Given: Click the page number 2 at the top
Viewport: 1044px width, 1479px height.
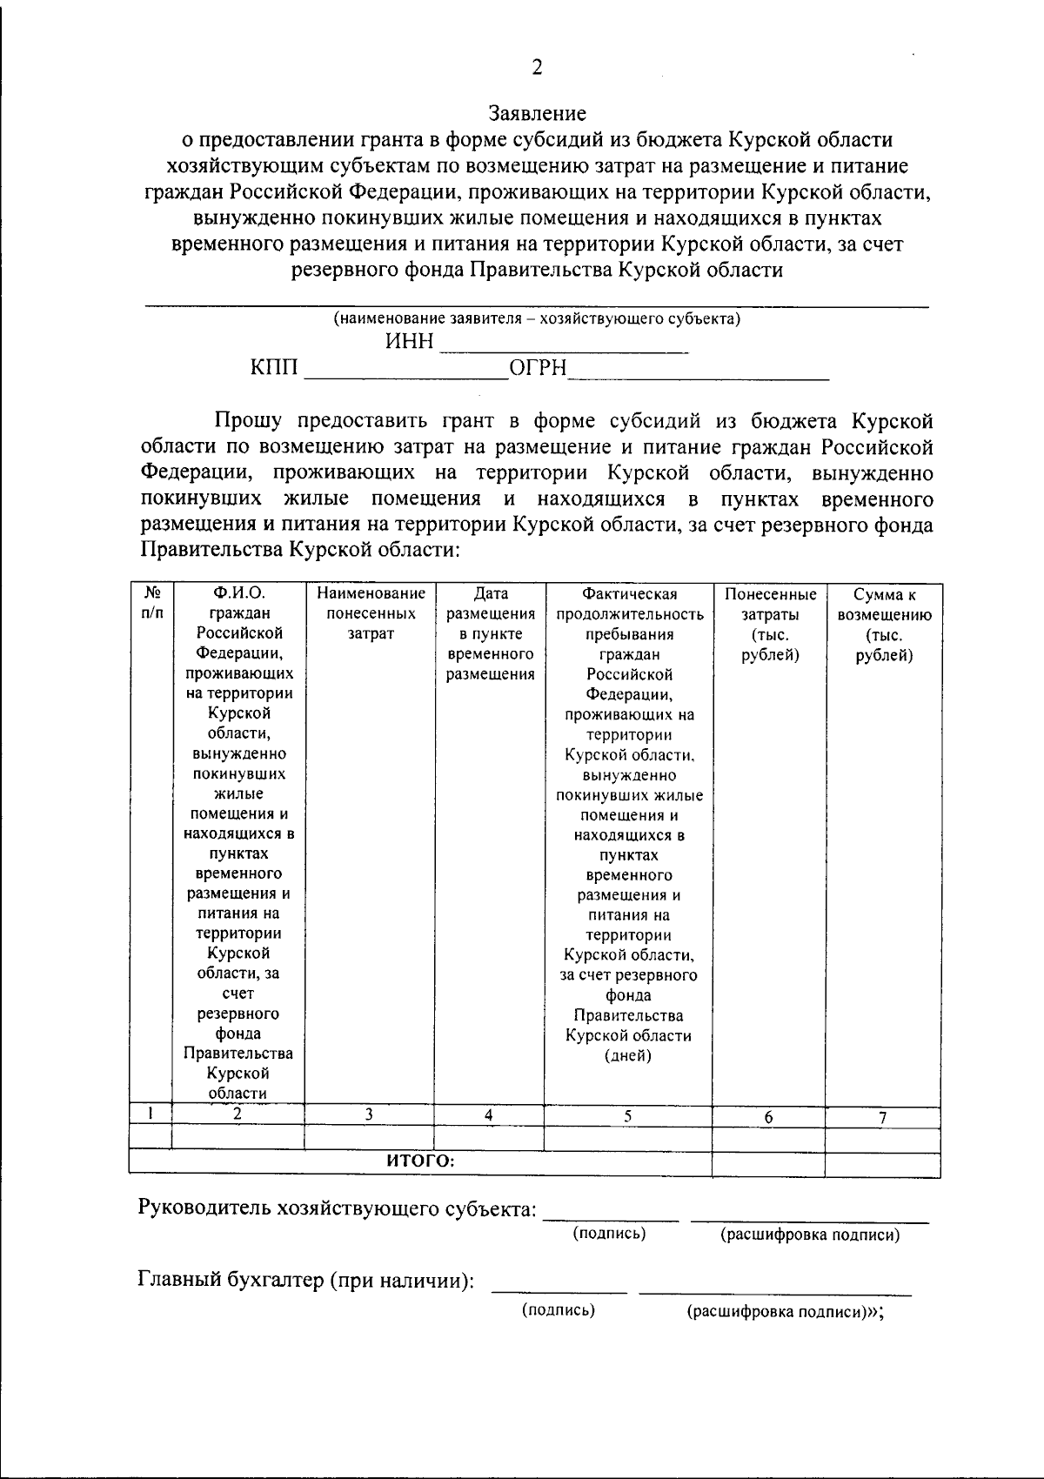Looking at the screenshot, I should point(537,68).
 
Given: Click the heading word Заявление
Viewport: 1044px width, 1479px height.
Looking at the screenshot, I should point(537,113).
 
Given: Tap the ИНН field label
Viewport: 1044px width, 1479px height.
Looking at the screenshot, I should point(409,342).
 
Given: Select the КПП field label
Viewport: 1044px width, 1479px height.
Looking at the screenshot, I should point(274,370).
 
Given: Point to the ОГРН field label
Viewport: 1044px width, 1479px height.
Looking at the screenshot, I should point(538,370).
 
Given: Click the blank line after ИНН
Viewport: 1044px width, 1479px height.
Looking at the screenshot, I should point(564,345).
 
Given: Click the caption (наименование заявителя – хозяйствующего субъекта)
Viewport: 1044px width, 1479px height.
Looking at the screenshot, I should point(537,318).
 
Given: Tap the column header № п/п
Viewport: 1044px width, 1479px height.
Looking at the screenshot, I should point(151,603).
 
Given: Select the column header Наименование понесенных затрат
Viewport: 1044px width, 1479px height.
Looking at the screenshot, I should point(371,613).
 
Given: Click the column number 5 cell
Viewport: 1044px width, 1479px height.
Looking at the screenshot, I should point(627,1116).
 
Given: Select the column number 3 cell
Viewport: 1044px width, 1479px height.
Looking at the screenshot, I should point(369,1114).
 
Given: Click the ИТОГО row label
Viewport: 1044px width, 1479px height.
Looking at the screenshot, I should point(420,1161).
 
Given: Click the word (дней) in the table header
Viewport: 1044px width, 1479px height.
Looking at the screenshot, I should point(627,1056).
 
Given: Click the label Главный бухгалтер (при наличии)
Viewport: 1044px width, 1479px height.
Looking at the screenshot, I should point(306,1280).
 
